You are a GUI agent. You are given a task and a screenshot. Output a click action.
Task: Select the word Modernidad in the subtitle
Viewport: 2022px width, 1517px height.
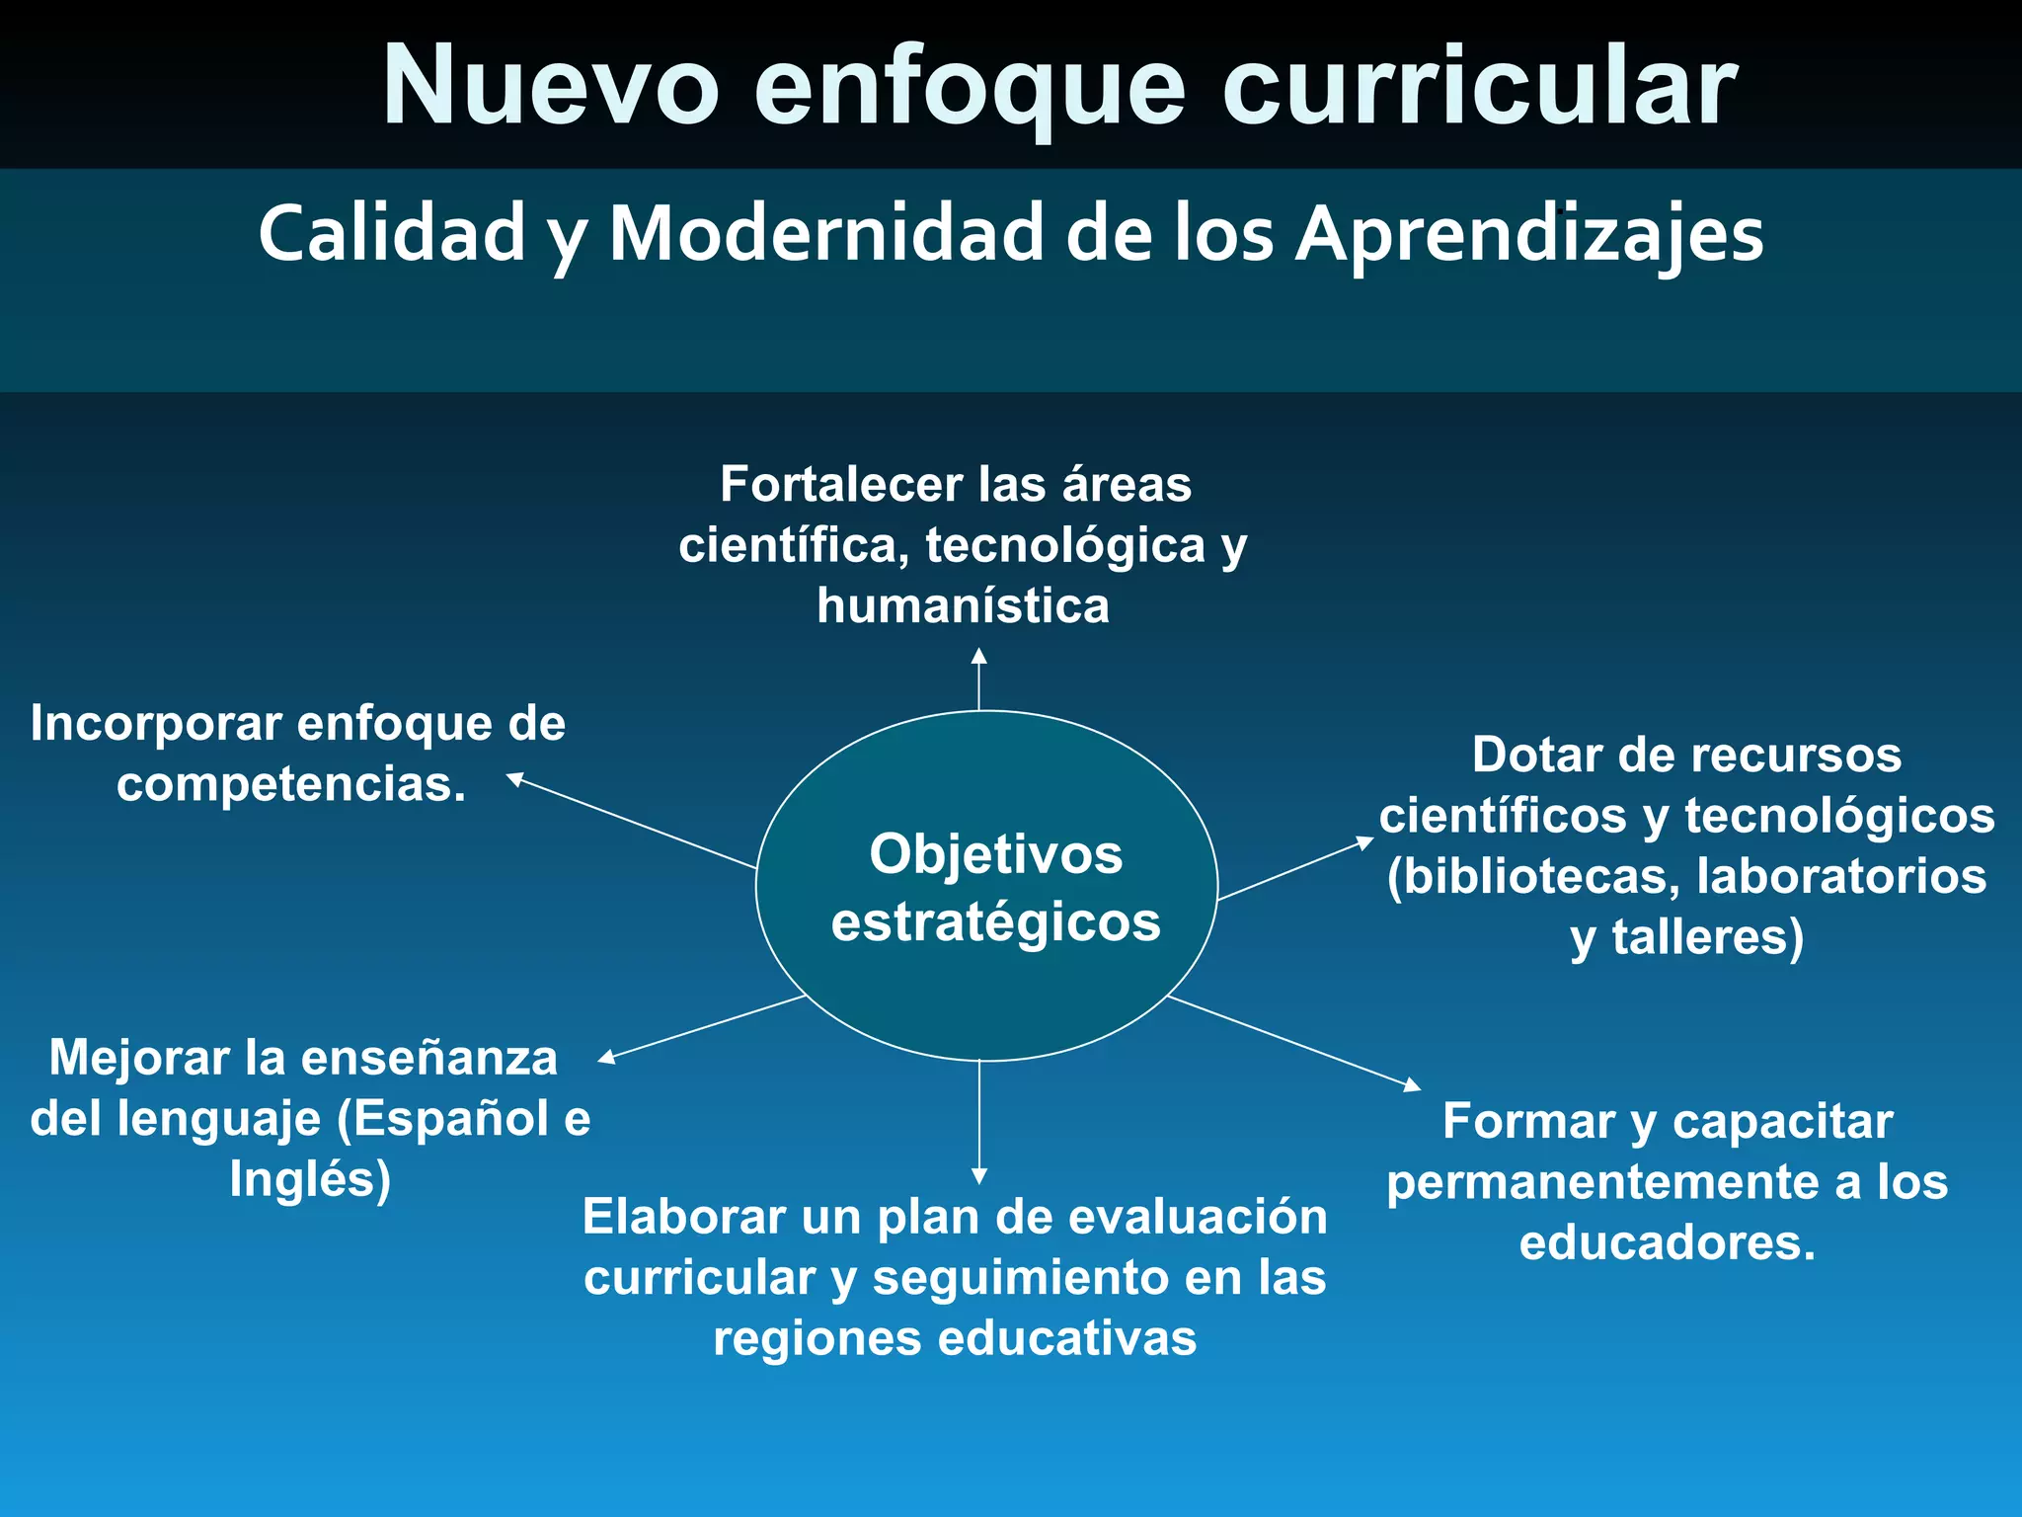(826, 234)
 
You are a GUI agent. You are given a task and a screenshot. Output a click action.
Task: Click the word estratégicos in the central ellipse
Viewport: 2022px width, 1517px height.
(995, 922)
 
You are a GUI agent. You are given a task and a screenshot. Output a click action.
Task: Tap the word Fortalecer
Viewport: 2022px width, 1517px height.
(841, 484)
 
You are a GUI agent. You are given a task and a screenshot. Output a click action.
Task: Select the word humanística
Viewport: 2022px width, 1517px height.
(963, 605)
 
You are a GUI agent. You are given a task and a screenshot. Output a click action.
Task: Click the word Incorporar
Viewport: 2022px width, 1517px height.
(156, 724)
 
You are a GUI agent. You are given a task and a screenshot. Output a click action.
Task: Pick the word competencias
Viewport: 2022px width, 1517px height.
(291, 785)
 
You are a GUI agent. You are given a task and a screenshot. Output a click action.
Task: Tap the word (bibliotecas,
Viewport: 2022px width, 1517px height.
(1532, 877)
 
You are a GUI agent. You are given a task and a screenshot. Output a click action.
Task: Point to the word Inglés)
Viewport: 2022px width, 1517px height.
(310, 1179)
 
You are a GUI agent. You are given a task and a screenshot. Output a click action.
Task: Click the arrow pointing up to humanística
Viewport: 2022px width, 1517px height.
(978, 679)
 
